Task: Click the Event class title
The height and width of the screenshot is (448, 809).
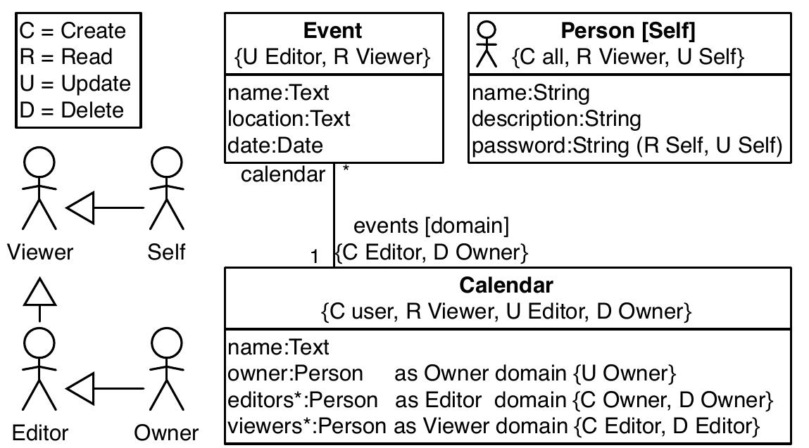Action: [x=332, y=31]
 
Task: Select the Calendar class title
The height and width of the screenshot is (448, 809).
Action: [x=506, y=285]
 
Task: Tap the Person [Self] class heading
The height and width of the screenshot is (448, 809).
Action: [x=627, y=31]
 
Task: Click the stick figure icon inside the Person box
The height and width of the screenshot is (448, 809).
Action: [x=487, y=44]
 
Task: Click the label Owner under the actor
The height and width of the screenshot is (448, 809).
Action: [x=166, y=433]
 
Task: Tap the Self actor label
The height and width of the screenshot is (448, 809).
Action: [x=166, y=252]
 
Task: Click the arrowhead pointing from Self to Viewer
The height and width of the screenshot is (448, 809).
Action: [x=80, y=208]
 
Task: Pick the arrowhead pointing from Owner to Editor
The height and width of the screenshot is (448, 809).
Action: [x=80, y=388]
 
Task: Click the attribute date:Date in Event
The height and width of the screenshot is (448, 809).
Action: [x=275, y=146]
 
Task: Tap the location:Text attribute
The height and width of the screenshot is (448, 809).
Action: [x=289, y=119]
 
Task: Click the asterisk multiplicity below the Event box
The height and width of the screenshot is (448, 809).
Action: [x=345, y=169]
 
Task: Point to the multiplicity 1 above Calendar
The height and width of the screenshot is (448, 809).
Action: [x=315, y=257]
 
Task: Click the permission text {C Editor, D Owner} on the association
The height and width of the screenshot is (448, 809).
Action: [x=431, y=252]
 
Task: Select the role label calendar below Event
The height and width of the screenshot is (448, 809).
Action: [x=283, y=174]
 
